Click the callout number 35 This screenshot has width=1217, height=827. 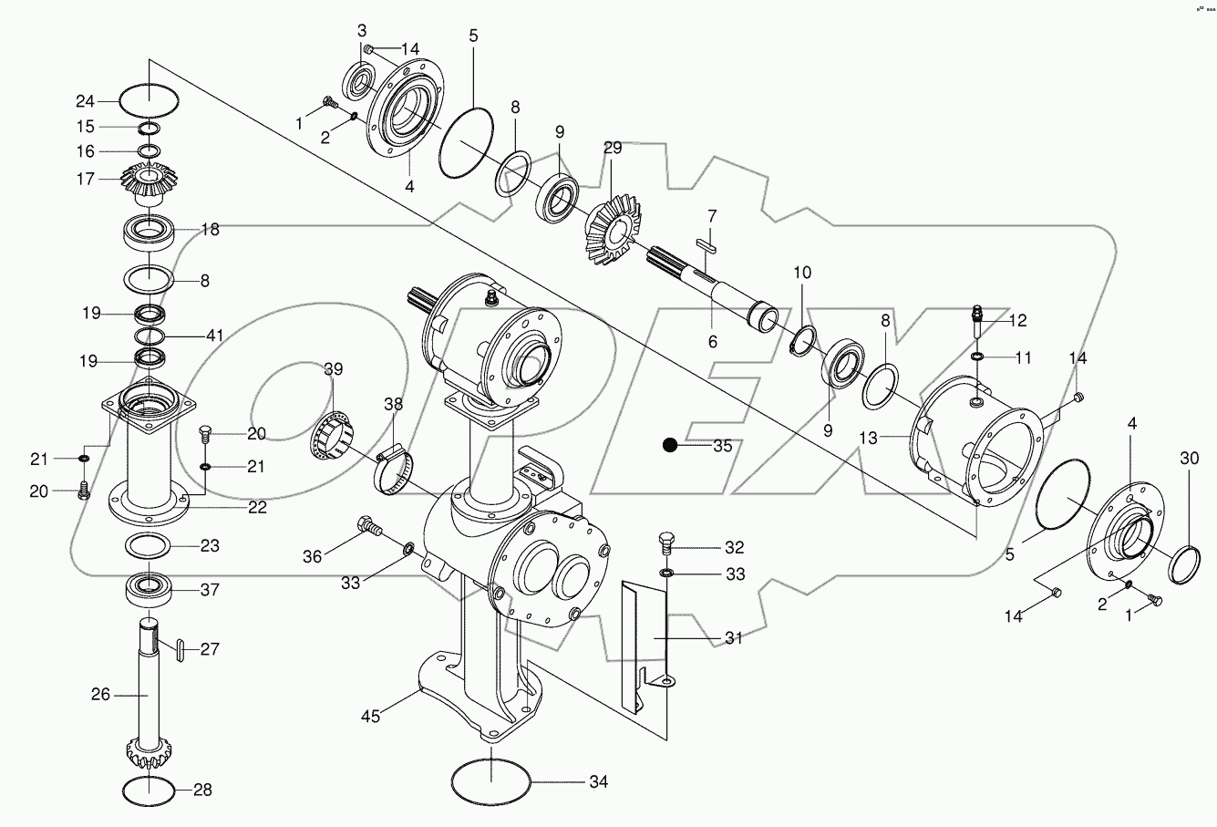click(723, 446)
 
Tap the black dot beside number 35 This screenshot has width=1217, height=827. click(671, 445)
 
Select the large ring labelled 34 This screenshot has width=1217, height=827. click(491, 781)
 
